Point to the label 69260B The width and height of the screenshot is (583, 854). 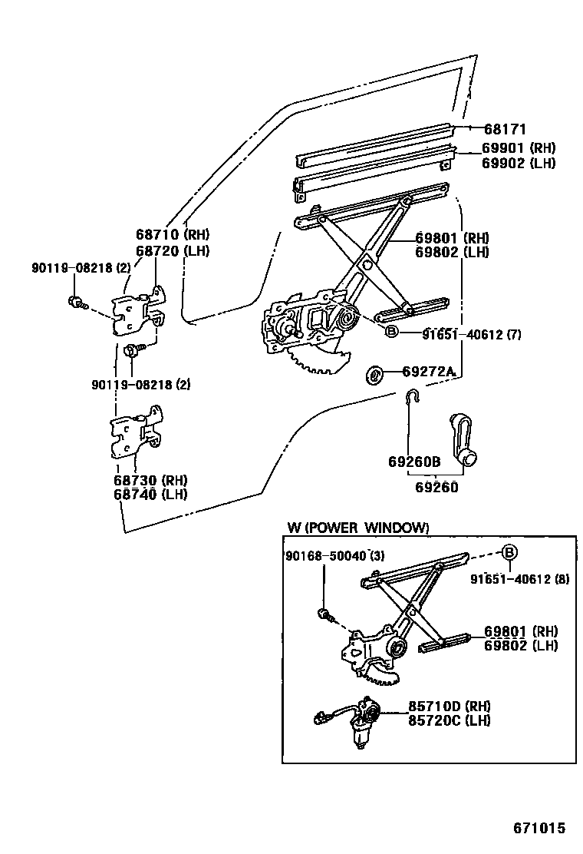(413, 462)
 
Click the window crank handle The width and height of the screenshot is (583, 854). (461, 440)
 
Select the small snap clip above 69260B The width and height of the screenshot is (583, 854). (412, 396)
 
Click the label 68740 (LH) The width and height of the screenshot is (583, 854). (151, 495)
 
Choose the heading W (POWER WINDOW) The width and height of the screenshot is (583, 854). (357, 528)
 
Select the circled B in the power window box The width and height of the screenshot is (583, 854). (509, 552)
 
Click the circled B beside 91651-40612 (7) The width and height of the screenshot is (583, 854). (390, 332)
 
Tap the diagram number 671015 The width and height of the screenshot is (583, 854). (539, 829)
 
